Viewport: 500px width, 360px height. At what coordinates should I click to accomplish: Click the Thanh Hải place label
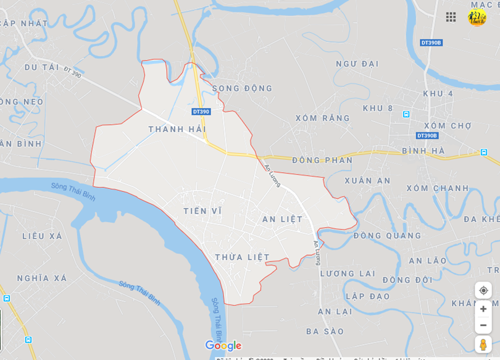click(x=177, y=129)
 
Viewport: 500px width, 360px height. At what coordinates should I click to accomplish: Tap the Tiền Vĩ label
click(x=202, y=211)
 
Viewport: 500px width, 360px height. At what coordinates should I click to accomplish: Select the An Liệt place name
click(x=282, y=219)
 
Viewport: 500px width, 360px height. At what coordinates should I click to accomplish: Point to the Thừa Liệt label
click(x=242, y=257)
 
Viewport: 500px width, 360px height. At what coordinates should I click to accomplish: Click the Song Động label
click(x=242, y=88)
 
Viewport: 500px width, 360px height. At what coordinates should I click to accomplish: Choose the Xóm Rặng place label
click(x=322, y=118)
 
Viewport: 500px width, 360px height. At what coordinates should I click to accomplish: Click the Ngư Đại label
click(x=357, y=64)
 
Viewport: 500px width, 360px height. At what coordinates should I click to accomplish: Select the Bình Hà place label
click(x=423, y=151)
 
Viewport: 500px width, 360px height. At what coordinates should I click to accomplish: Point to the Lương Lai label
click(x=347, y=274)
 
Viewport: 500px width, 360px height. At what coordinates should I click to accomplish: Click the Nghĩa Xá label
click(x=41, y=278)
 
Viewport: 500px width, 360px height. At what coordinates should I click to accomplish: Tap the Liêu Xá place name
click(x=42, y=236)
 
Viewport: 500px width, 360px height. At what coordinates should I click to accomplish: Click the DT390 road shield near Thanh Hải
click(x=201, y=112)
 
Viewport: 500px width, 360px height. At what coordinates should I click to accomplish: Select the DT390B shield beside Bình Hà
click(x=427, y=135)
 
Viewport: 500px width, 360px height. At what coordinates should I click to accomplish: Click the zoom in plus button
click(x=483, y=309)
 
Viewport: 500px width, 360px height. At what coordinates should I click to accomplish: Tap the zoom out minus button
click(x=483, y=325)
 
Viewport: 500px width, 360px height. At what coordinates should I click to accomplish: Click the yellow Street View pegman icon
click(x=483, y=345)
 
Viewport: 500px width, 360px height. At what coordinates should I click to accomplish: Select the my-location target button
click(x=483, y=290)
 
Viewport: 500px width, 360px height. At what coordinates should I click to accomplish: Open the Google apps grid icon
click(x=451, y=17)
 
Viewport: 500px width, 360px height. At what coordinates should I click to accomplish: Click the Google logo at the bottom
click(x=223, y=346)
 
